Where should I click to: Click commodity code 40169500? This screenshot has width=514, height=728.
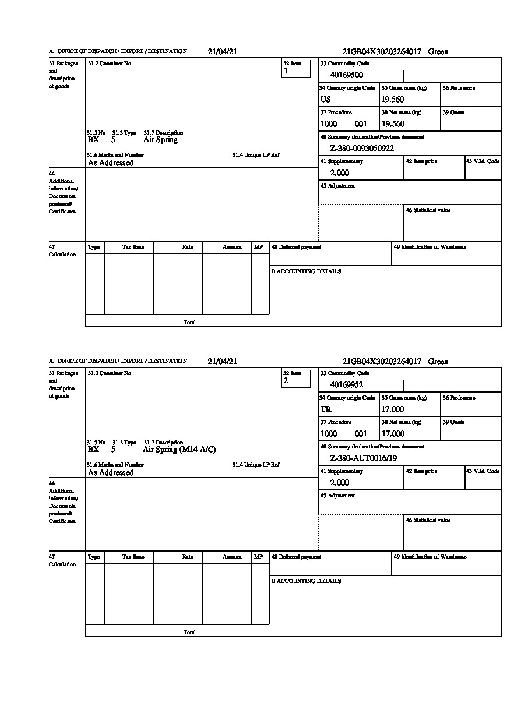[x=346, y=75]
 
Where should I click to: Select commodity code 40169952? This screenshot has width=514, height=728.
[x=346, y=385]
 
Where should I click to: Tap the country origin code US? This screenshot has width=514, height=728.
[x=326, y=100]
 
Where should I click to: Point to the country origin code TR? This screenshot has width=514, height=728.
[x=326, y=409]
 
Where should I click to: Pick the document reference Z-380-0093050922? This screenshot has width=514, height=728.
[x=362, y=149]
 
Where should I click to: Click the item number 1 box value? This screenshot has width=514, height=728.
[x=286, y=71]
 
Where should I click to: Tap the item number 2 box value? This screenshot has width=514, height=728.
[x=286, y=381]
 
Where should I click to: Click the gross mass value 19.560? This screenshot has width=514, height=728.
[x=393, y=100]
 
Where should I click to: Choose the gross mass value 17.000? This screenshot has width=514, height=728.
[x=393, y=409]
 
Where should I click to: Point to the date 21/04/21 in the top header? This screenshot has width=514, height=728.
[x=223, y=52]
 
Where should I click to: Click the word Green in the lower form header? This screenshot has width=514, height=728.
[x=438, y=362]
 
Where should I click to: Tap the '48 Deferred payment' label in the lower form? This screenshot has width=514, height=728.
[x=296, y=557]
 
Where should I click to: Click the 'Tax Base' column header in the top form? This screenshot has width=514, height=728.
[x=133, y=247]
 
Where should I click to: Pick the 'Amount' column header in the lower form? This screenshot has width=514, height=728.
[x=232, y=557]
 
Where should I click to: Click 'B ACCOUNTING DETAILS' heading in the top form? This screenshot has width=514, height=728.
[x=306, y=271]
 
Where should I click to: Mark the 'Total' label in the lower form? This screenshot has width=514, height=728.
[x=189, y=632]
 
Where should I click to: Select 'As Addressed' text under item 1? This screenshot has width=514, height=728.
[x=111, y=163]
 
